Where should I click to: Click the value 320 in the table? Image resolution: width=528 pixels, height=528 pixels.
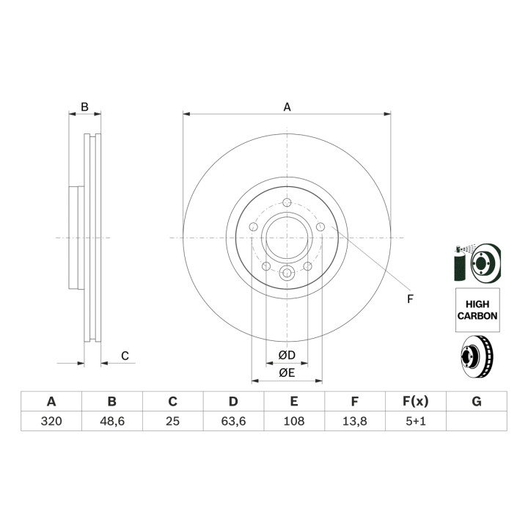(51, 421)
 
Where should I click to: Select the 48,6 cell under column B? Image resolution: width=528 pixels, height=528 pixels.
(112, 421)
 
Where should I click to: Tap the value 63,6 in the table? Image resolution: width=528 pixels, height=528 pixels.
(233, 421)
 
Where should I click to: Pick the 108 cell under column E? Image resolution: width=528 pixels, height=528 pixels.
(294, 421)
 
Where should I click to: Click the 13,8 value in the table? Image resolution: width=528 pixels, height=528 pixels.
(355, 421)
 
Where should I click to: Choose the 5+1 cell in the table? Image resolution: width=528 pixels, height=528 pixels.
(416, 421)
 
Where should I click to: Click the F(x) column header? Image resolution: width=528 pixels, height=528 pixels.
(416, 401)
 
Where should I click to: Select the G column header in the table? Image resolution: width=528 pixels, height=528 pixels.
(477, 401)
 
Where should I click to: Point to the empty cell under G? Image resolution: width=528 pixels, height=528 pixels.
(477, 421)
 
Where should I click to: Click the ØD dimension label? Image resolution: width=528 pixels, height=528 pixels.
(287, 355)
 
